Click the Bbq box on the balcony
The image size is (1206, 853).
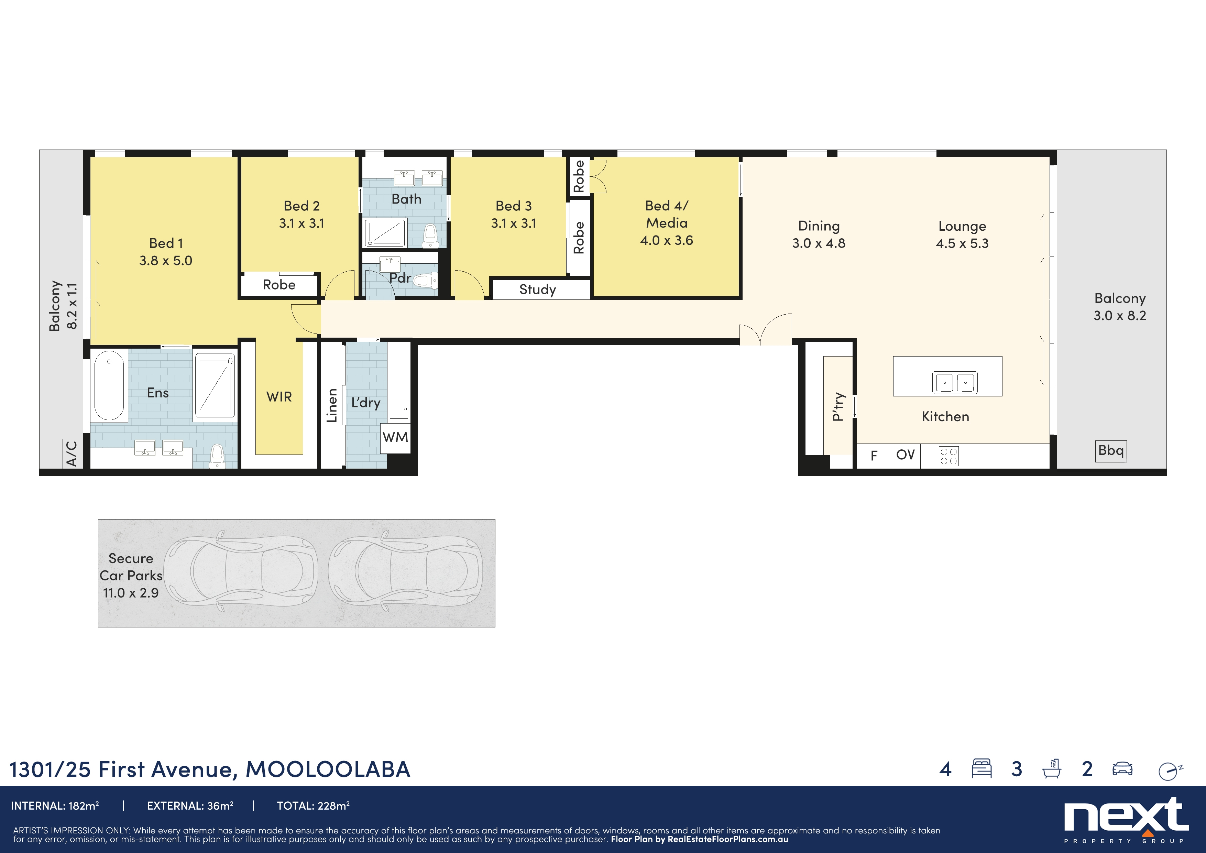tap(1110, 451)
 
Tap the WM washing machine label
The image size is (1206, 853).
tap(395, 437)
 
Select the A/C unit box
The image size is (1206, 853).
tap(72, 453)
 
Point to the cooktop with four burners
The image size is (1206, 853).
tap(948, 456)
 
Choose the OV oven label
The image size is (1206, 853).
tap(905, 455)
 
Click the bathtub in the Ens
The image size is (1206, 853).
tap(109, 385)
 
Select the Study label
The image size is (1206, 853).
tap(537, 289)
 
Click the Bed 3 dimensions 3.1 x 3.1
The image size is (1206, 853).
tap(513, 223)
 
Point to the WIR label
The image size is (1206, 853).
tap(279, 396)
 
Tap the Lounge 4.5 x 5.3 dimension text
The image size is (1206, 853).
tap(962, 243)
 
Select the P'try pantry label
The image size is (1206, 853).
tap(838, 406)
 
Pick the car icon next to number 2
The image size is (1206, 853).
tap(1122, 769)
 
